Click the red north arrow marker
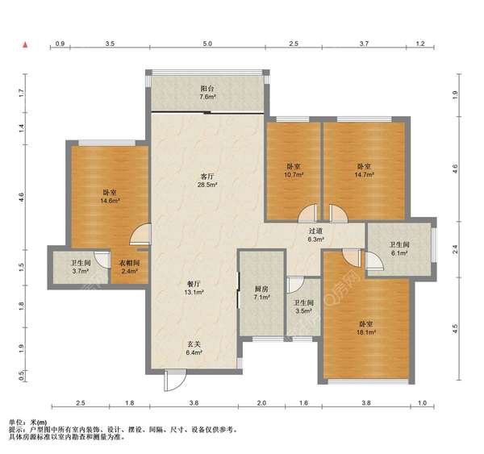click(26, 45)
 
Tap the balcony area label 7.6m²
click(207, 97)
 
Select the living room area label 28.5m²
click(207, 185)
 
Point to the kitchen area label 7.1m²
click(261, 298)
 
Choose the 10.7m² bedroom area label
click(294, 175)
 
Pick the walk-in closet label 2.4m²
click(129, 271)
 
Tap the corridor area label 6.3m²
click(315, 239)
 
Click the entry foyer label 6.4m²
click(194, 352)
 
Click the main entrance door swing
click(175, 381)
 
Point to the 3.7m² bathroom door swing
click(102, 260)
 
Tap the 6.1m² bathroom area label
click(399, 253)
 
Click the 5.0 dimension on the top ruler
click(207, 44)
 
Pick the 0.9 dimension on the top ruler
click(60, 44)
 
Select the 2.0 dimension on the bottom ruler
click(261, 403)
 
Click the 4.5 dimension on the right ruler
click(455, 329)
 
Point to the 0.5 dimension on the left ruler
click(21, 376)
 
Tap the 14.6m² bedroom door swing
click(140, 235)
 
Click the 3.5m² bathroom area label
click(303, 311)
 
